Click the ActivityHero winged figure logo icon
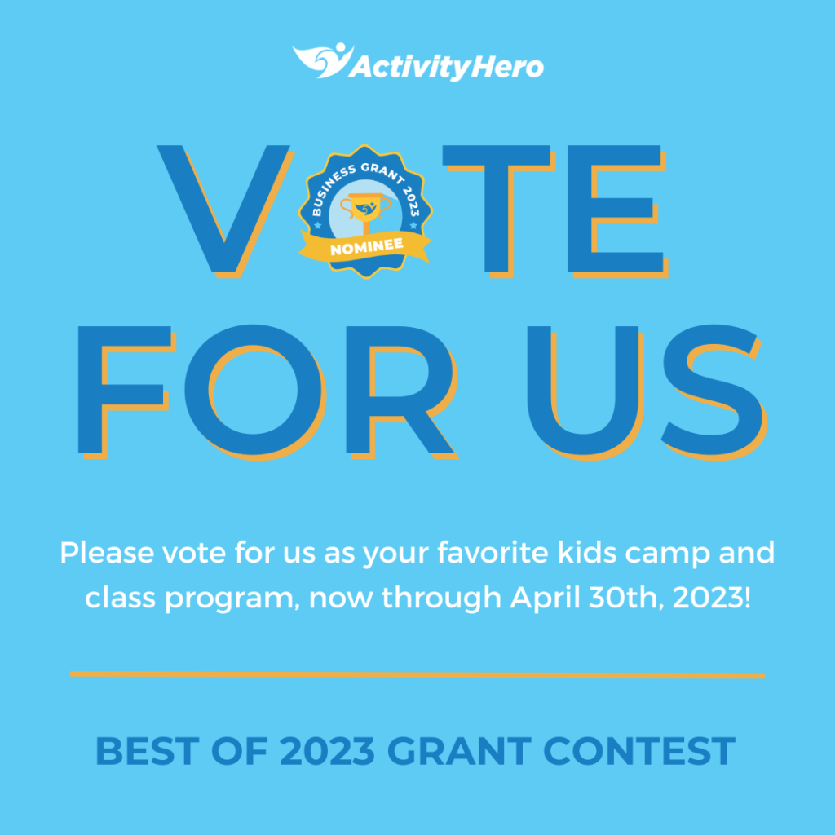coord(323,60)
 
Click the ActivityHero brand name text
coord(446,68)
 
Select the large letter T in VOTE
coord(499,211)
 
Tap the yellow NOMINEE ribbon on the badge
coord(365,247)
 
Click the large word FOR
coord(267,391)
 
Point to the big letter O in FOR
coord(254,391)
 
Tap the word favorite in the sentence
coord(493,553)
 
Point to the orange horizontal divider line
coord(417,674)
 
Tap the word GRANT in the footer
coord(460,751)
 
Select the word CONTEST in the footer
coord(639,751)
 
